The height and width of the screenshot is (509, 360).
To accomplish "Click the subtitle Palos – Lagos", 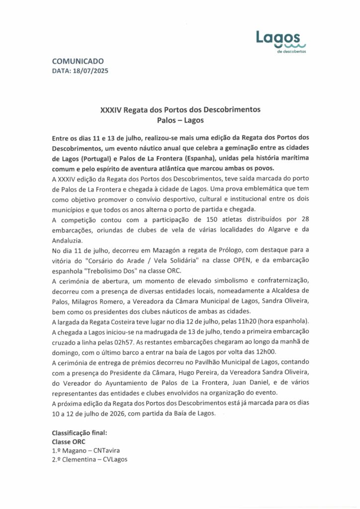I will click(x=180, y=120).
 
